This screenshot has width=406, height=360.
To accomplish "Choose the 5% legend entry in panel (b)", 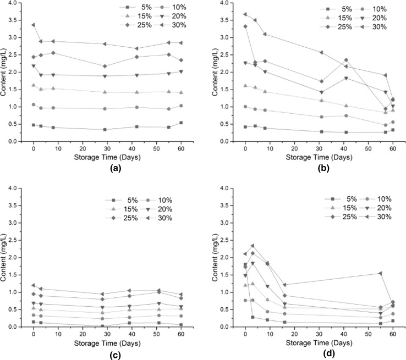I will [340, 9].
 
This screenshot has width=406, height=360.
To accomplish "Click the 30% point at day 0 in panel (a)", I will [33, 25].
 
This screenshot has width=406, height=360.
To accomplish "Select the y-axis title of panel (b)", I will [206, 71].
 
